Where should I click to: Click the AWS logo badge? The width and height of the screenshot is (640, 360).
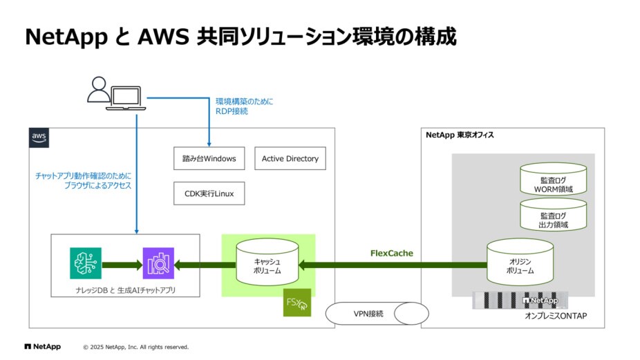point(39,138)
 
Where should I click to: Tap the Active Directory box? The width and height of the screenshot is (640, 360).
point(290,159)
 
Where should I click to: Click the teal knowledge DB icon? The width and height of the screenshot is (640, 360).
point(86,263)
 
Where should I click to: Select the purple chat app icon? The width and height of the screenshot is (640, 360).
point(158,263)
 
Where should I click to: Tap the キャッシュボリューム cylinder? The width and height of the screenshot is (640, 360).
point(267,263)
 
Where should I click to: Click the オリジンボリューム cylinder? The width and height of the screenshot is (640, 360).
point(520,263)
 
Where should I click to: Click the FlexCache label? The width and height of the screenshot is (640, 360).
point(391,253)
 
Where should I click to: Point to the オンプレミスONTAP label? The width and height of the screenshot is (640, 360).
point(555,316)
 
